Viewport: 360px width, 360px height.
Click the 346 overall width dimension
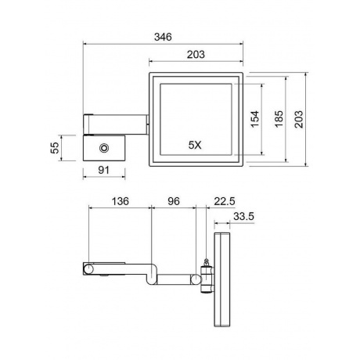[x=163, y=37]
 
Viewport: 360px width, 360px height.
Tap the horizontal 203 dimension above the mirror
[x=196, y=55]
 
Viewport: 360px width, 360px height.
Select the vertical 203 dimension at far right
[x=299, y=119]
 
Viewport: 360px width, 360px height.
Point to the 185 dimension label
[x=279, y=119]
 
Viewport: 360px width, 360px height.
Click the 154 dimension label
[x=255, y=119]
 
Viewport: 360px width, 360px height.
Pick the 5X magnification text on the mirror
[x=195, y=145]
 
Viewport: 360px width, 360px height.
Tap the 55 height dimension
[x=55, y=148]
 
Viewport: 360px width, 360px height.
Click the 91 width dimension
[x=103, y=170]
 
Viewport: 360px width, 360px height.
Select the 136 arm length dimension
[x=121, y=201]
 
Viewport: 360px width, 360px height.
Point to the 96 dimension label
[x=174, y=201]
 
